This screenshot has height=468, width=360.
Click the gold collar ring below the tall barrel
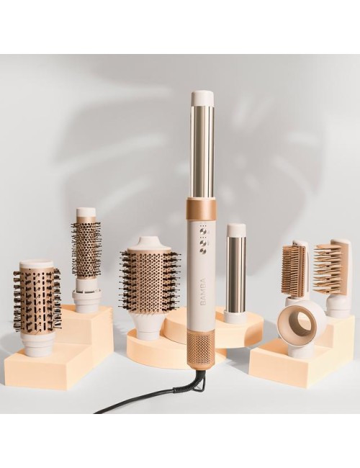(201, 209)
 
